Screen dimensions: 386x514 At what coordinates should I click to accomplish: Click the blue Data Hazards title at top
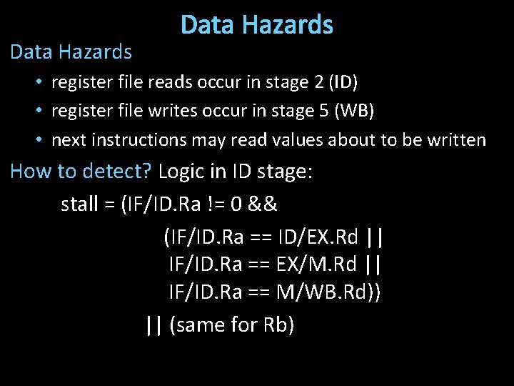(x=257, y=26)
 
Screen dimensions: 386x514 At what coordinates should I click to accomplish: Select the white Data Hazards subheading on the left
(x=71, y=51)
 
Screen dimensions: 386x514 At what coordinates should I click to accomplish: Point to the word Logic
(x=180, y=172)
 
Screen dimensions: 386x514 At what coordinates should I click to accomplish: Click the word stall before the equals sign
(x=79, y=204)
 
